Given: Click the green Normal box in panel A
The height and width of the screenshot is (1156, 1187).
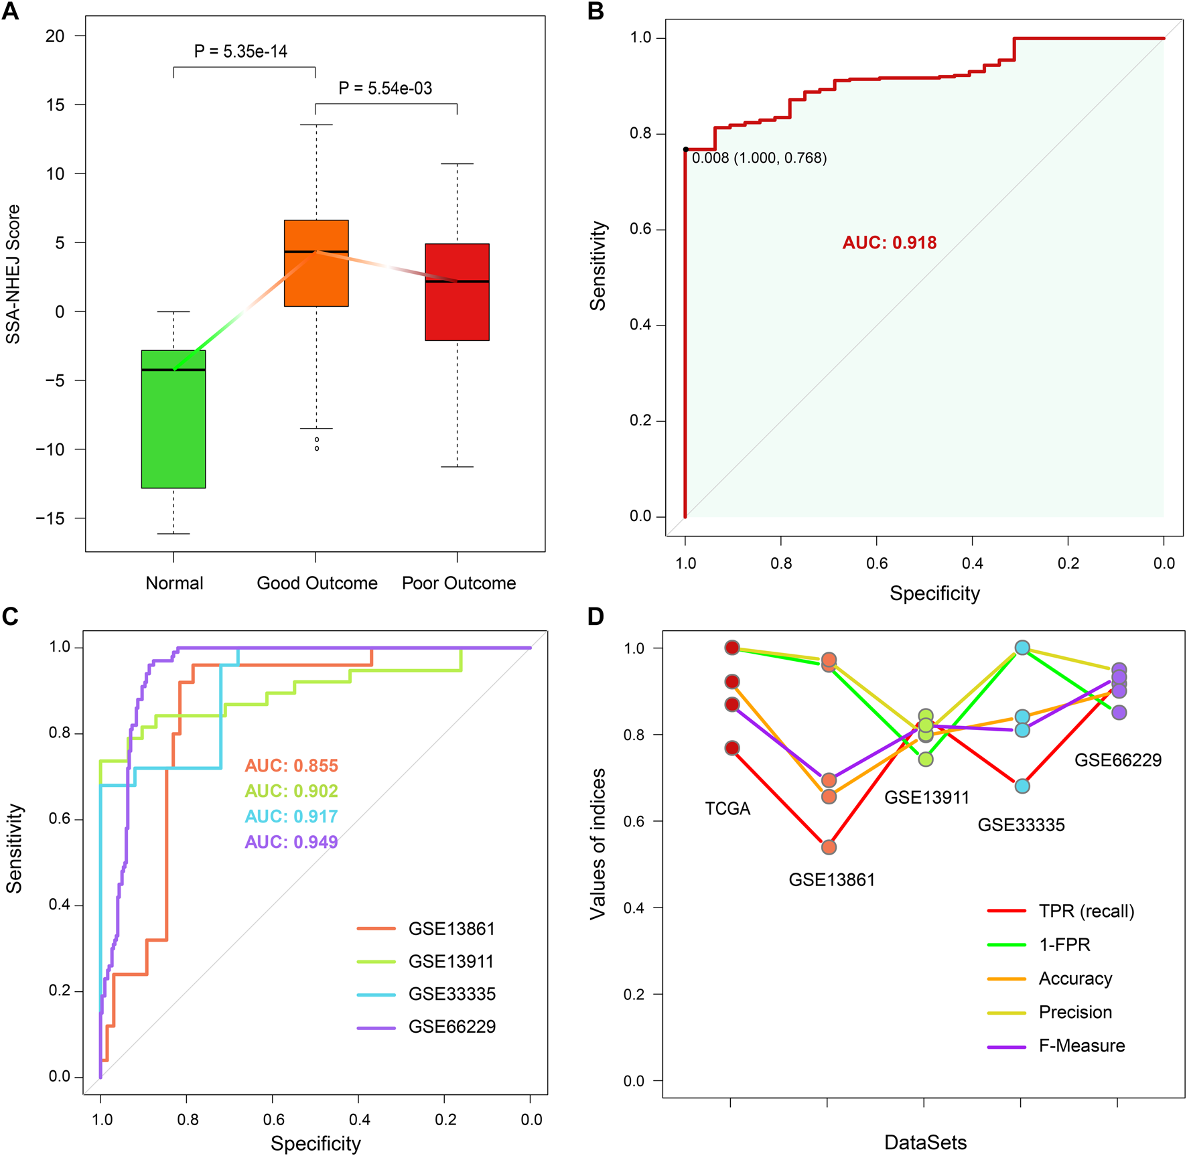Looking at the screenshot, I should click(173, 429).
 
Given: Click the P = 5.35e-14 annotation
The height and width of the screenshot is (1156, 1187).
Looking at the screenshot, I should click(240, 52).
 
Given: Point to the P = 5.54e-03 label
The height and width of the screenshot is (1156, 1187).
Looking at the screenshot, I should click(385, 88).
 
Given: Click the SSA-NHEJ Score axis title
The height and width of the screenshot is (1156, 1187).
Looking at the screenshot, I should click(13, 275).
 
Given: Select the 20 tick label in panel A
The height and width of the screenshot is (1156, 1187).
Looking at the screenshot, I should click(55, 36).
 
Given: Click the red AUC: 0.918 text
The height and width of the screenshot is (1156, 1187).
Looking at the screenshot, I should click(889, 242).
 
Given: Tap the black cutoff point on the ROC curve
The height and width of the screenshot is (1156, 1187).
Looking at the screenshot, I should click(685, 149).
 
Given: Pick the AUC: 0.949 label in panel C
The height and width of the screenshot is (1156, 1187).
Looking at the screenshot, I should click(291, 842).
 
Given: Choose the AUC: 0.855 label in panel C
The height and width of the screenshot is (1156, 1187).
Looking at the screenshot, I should click(291, 766).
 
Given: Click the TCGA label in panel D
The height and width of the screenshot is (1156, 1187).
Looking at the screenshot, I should click(727, 809).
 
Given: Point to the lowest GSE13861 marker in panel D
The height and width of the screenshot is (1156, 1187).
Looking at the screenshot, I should click(829, 847).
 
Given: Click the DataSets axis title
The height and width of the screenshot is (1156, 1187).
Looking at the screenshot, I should click(925, 1143).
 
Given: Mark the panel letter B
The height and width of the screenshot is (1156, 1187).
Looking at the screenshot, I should click(596, 12).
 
